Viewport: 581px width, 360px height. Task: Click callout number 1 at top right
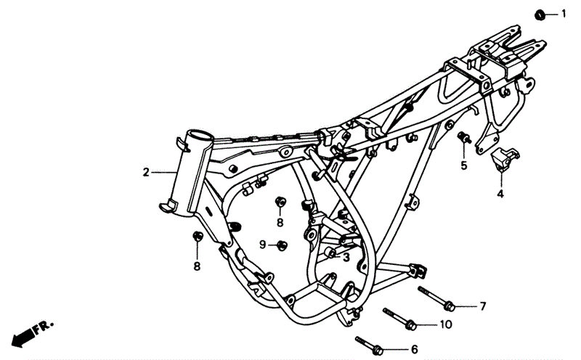point(564,14)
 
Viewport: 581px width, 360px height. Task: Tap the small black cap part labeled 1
point(540,15)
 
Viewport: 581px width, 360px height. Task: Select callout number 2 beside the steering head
point(146,172)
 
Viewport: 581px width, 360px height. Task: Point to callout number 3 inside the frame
point(346,257)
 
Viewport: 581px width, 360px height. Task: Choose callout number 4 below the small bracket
point(500,193)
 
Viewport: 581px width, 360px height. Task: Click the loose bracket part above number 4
point(505,157)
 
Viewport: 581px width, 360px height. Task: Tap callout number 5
point(464,165)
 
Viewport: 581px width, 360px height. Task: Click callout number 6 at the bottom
point(414,349)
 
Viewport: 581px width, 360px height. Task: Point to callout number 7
point(482,306)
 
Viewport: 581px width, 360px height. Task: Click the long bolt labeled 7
point(436,298)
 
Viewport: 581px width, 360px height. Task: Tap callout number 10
point(446,325)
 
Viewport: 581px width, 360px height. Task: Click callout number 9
point(262,245)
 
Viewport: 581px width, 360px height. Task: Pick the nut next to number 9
point(283,245)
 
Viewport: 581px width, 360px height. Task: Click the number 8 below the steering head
point(197,266)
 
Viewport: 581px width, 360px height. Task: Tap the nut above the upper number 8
point(280,202)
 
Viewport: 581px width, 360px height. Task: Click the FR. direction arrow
point(33,333)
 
